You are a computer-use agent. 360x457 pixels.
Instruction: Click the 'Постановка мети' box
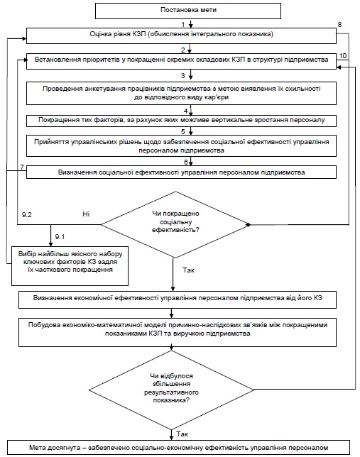188,11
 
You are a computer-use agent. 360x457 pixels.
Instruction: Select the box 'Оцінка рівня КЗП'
181,35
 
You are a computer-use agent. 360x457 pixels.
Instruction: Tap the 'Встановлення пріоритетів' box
181,61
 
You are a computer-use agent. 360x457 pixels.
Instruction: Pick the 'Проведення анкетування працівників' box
181,93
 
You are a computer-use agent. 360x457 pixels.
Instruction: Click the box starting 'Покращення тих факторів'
181,121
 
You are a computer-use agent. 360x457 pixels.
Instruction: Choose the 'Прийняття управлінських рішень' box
181,145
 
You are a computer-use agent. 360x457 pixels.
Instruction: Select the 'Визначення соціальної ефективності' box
181,172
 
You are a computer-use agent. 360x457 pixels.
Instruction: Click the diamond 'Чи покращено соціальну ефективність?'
175,225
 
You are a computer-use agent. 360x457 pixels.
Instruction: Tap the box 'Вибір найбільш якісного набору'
70,266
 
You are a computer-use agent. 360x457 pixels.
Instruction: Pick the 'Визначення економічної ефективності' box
178,299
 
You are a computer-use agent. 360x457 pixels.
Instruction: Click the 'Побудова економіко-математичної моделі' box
178,332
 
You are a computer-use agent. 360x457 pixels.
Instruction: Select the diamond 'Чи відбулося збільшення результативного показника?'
172,390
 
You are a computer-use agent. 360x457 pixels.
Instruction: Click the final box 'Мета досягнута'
178,448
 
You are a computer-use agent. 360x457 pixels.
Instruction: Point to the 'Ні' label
86,214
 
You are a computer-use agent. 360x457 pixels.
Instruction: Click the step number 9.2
26,215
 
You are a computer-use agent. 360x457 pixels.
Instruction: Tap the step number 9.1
60,237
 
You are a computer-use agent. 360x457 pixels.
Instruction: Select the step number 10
343,55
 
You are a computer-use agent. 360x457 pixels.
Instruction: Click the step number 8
339,24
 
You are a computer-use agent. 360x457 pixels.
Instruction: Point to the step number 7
22,167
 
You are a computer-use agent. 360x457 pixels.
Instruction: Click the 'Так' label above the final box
182,434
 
